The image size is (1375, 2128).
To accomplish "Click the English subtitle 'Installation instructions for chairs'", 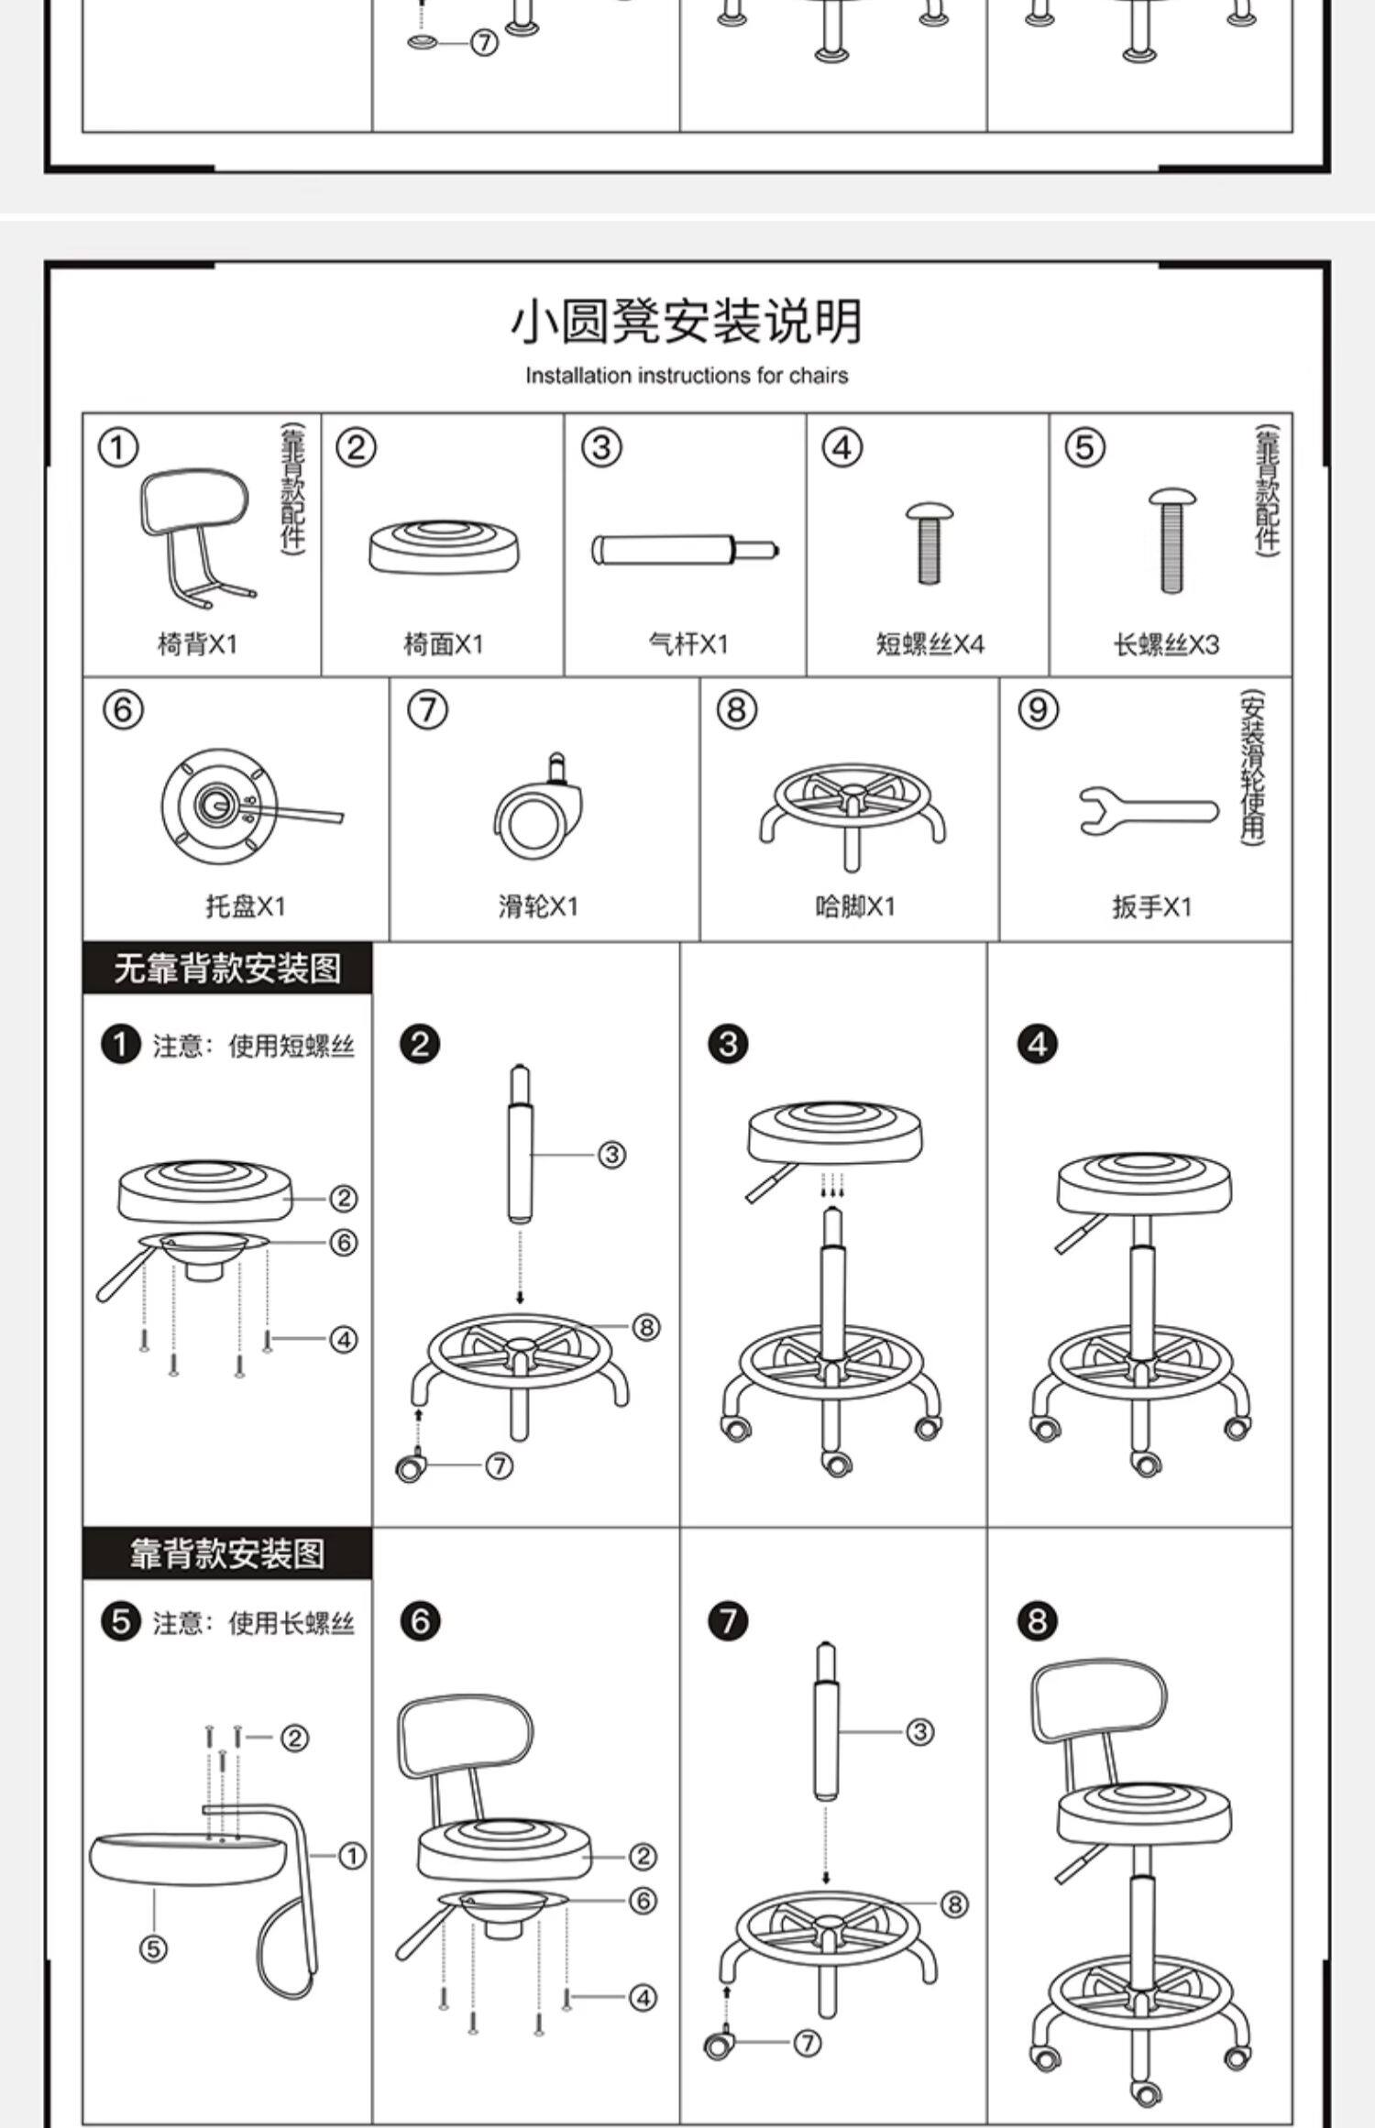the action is click(x=687, y=375).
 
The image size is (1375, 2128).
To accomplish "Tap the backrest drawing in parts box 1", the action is click(x=195, y=532).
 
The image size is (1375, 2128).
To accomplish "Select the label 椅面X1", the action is click(x=443, y=644).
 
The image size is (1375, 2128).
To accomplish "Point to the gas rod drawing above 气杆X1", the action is click(x=685, y=550).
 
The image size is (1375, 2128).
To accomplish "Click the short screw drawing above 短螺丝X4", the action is click(x=929, y=543).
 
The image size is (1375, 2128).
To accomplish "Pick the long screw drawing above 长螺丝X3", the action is click(x=1171, y=540).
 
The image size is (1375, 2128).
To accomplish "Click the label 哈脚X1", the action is click(x=854, y=906).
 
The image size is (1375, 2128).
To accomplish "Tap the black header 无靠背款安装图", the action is click(x=227, y=968).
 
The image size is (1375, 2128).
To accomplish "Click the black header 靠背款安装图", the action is click(x=227, y=1553).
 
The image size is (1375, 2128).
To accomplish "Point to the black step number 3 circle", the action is click(x=729, y=1044).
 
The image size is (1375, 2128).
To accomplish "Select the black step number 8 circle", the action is click(x=1037, y=1621).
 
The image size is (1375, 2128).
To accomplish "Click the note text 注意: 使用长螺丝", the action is click(x=253, y=1623).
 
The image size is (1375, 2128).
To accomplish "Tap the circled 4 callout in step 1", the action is click(x=343, y=1340).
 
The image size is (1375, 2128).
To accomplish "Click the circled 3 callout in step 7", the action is click(x=919, y=1732).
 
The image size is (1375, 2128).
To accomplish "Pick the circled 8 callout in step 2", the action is click(x=645, y=1326).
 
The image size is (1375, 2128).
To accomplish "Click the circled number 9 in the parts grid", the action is click(x=1038, y=709).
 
